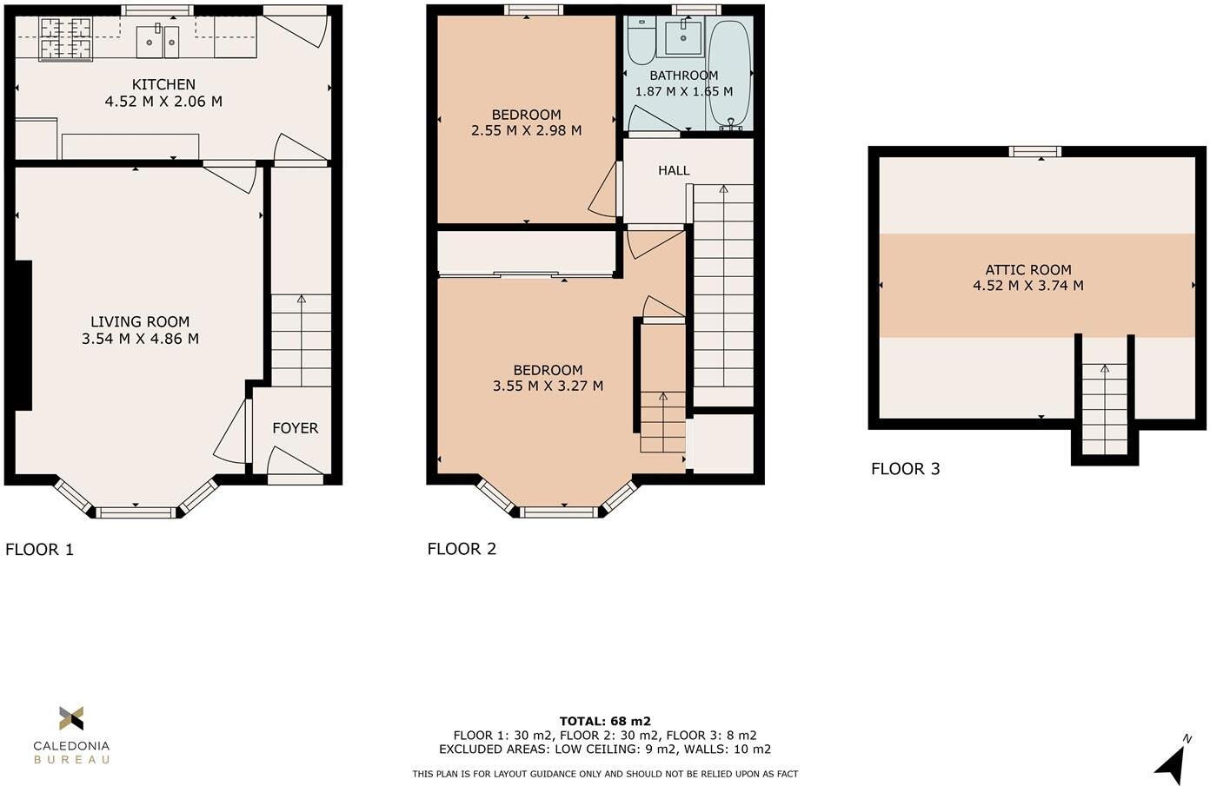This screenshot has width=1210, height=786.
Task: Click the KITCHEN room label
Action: (163, 84)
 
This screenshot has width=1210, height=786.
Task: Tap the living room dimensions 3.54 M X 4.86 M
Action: (140, 339)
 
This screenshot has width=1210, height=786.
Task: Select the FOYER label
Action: (295, 428)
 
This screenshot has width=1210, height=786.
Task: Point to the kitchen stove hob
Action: (66, 39)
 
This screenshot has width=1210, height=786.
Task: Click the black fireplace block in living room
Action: (23, 334)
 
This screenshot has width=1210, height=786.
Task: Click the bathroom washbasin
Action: (683, 37)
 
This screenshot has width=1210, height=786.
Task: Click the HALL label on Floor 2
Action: (674, 171)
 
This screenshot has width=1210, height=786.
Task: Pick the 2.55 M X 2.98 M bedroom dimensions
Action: (526, 130)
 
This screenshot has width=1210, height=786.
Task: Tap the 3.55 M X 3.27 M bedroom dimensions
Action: (548, 386)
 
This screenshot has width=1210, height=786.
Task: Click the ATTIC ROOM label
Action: (1027, 269)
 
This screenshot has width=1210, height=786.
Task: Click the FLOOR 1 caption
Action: (40, 549)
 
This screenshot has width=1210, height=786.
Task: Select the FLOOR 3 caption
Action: (905, 469)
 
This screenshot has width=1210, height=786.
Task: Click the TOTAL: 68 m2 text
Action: (605, 721)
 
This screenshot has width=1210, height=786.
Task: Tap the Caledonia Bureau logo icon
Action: (71, 718)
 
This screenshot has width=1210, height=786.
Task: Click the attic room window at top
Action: (1034, 152)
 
